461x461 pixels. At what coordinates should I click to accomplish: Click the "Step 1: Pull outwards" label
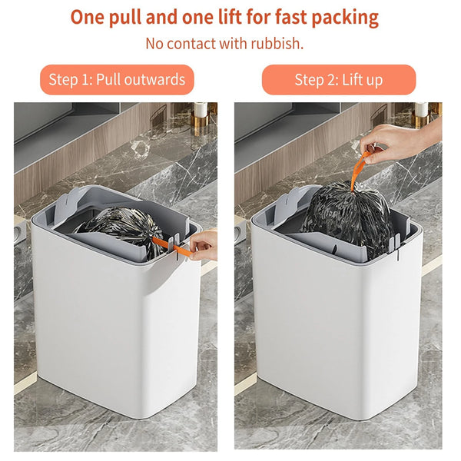[x=117, y=80]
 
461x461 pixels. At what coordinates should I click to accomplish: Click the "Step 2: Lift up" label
[x=338, y=80]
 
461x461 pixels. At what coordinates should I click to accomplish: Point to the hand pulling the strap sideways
[x=204, y=245]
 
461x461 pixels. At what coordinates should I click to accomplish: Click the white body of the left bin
[x=115, y=330]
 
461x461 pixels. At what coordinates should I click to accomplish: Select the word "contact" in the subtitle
[x=194, y=44]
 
